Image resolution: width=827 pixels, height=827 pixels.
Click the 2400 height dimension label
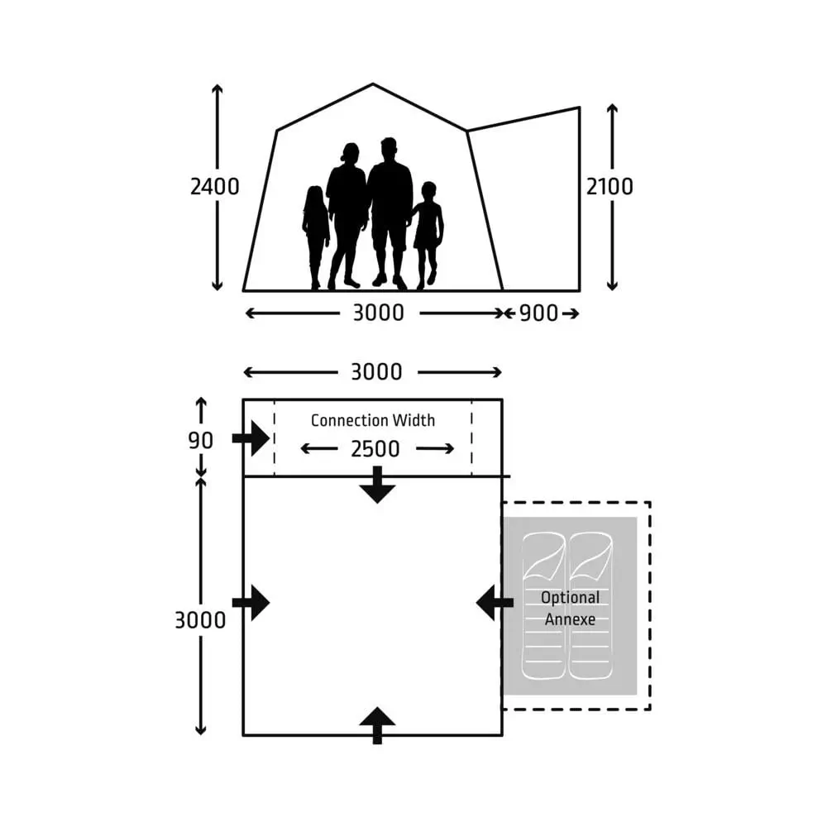tap(215, 187)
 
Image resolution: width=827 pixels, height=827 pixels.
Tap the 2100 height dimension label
tap(609, 187)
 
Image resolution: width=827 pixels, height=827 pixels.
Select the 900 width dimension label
tap(538, 313)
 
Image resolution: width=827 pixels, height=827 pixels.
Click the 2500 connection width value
tap(375, 449)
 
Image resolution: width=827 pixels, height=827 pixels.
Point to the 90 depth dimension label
tap(201, 441)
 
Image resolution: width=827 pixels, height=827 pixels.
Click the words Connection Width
tap(373, 420)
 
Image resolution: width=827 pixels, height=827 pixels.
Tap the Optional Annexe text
tap(570, 608)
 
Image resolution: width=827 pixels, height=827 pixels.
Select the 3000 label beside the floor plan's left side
tap(200, 620)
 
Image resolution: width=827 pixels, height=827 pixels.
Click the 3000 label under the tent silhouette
tap(378, 313)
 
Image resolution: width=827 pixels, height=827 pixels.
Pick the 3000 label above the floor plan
tap(376, 372)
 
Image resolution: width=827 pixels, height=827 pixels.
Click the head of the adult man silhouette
tap(388, 149)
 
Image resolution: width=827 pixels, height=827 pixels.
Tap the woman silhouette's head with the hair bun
tap(350, 153)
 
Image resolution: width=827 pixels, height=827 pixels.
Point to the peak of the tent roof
tap(373, 84)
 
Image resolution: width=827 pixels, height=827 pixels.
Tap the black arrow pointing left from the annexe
tap(495, 603)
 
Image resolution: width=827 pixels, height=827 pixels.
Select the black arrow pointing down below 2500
tap(377, 485)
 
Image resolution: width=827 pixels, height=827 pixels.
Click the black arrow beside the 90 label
tap(251, 438)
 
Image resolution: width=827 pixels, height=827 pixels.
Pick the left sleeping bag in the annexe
tap(544, 606)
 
